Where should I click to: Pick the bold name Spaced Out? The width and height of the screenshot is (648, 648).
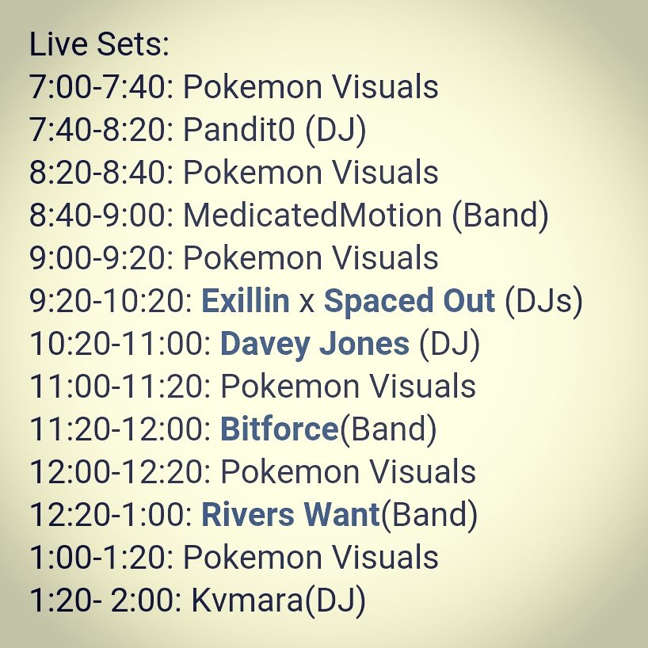[410, 301]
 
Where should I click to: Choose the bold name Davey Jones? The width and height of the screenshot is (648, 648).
[314, 344]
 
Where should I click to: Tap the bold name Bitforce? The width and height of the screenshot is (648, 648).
[279, 429]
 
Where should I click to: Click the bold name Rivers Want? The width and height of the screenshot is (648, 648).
[291, 515]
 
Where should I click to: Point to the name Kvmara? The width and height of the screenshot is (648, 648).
[246, 600]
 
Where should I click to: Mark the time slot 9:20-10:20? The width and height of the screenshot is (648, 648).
[111, 301]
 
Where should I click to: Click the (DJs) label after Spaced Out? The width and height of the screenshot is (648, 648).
[543, 301]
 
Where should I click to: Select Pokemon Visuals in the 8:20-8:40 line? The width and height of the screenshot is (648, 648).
[311, 172]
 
